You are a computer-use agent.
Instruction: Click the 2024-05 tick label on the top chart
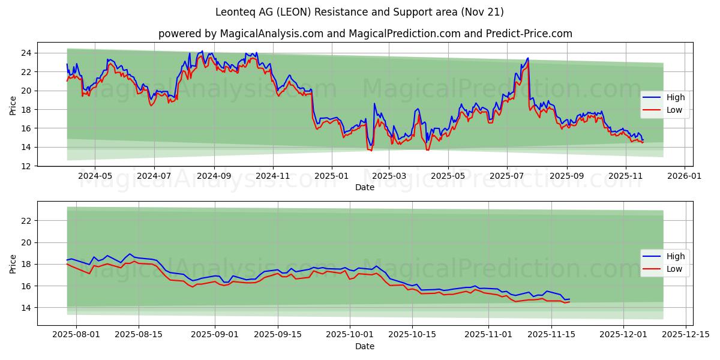95,176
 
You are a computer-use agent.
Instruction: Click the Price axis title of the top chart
13,105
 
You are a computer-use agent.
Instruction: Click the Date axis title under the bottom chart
365,346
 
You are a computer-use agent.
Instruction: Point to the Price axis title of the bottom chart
13,264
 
